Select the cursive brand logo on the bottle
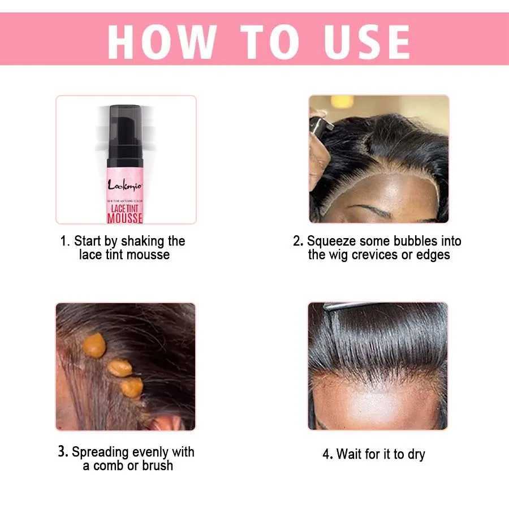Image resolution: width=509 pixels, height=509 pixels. (x=125, y=184)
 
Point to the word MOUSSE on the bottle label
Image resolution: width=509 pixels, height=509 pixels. (x=125, y=218)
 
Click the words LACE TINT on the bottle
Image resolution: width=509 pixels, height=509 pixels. (x=125, y=208)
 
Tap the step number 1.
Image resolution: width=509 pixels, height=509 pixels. (x=64, y=241)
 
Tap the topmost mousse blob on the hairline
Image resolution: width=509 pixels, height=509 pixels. (x=94, y=345)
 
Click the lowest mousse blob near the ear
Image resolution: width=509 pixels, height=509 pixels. (x=132, y=387)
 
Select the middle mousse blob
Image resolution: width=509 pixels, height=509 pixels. (x=120, y=368)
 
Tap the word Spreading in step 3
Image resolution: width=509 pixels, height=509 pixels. (x=100, y=452)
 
